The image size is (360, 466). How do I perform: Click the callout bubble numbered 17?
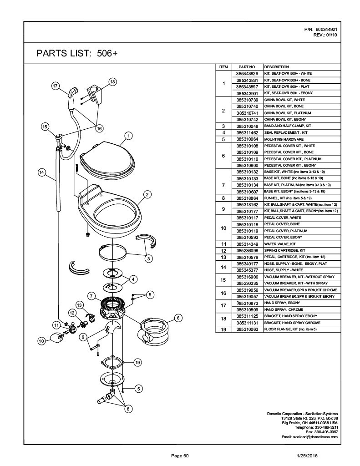[x=56, y=86]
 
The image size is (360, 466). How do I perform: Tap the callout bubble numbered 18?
[x=112, y=82]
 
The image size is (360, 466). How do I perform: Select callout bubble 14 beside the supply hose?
[x=41, y=172]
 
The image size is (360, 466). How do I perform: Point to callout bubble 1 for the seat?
[x=129, y=136]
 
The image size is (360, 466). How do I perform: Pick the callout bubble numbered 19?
[x=137, y=362]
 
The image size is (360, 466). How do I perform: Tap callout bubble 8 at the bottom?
[x=128, y=409]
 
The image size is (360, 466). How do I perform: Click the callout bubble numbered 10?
[x=41, y=340]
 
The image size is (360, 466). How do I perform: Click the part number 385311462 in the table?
[x=248, y=132]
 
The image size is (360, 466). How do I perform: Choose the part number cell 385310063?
[x=248, y=329]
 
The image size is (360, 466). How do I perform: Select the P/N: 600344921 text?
[x=321, y=29]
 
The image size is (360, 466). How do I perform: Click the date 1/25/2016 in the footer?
[x=307, y=456]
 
